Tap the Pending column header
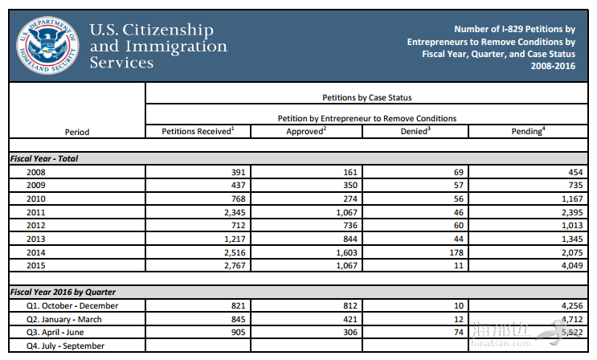click(x=528, y=131)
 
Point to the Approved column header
click(x=306, y=131)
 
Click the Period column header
click(x=77, y=132)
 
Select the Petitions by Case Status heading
click(x=366, y=98)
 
